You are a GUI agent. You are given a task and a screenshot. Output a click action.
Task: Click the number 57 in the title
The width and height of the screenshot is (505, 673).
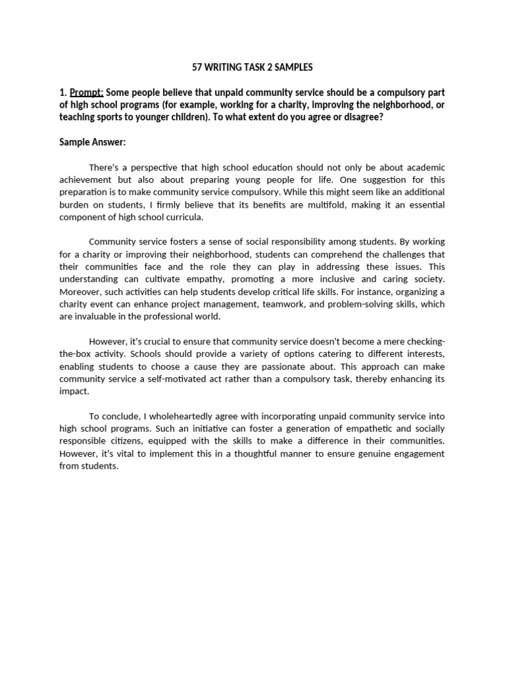(197, 67)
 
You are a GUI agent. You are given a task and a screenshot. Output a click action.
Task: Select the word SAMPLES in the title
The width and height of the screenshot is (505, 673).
(293, 67)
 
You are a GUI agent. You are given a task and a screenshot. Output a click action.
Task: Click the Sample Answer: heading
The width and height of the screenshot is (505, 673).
(92, 142)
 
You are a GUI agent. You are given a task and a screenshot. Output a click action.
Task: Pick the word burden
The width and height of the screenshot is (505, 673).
(75, 205)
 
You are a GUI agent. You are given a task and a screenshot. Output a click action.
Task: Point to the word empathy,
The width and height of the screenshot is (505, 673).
(199, 279)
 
